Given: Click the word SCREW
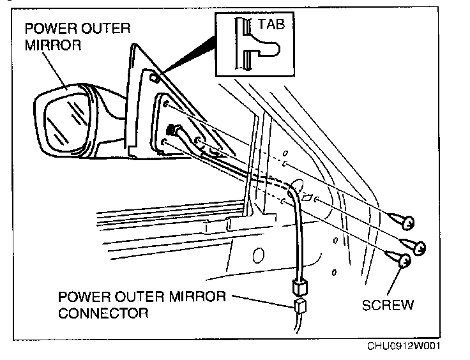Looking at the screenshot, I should tap(388, 304).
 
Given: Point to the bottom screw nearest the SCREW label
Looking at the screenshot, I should tap(402, 259).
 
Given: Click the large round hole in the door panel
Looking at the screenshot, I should tap(258, 256).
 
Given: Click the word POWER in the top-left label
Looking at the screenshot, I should tap(50, 28).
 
